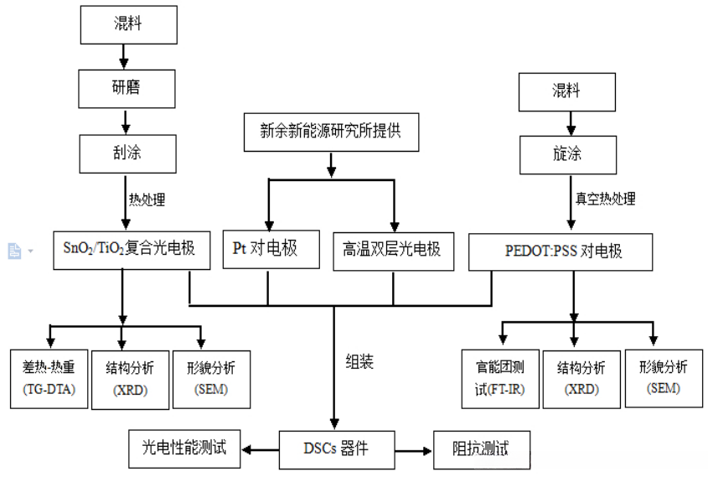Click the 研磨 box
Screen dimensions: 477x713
(127, 87)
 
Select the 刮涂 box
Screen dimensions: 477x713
(127, 152)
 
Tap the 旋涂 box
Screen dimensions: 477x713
(567, 153)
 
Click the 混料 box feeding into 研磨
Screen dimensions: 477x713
(127, 23)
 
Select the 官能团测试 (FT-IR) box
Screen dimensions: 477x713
(499, 377)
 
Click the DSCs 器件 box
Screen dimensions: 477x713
(334, 448)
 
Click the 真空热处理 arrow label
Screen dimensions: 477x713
(605, 199)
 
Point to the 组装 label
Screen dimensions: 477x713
(359, 362)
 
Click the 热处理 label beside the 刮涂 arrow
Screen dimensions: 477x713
(147, 200)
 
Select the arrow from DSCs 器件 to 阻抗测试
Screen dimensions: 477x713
(411, 449)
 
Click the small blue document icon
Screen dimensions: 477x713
(14, 250)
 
